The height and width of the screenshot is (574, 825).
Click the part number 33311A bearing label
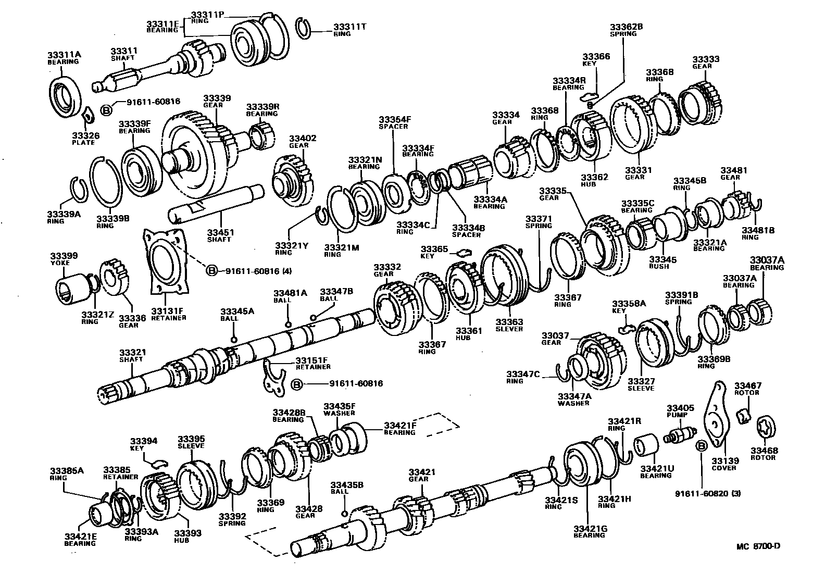pos(63,57)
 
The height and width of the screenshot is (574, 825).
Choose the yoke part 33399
pos(71,288)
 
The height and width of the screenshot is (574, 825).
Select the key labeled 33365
pos(463,254)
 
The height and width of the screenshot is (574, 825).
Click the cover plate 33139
pos(717,417)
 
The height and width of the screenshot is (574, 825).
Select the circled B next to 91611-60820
pos(701,446)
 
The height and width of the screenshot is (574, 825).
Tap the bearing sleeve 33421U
pos(645,447)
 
